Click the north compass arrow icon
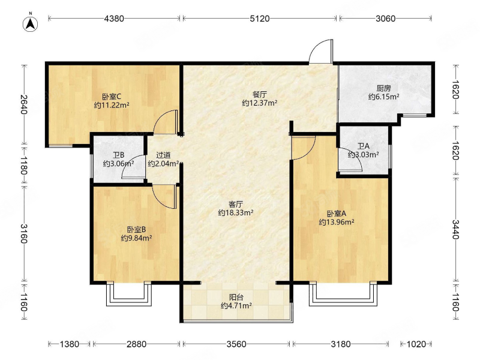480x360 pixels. pyautogui.click(x=31, y=23)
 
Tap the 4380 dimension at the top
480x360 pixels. pyautogui.click(x=114, y=19)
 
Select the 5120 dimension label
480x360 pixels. pyautogui.click(x=260, y=19)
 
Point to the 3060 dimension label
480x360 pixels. pyautogui.click(x=385, y=19)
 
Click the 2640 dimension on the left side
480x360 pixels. pyautogui.click(x=24, y=104)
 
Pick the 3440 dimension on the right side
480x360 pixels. pyautogui.click(x=455, y=229)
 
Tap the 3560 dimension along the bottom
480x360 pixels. pyautogui.click(x=236, y=344)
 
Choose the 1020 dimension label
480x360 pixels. pyautogui.click(x=416, y=344)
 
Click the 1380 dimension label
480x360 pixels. pyautogui.click(x=70, y=344)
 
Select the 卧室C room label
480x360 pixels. pyautogui.click(x=112, y=97)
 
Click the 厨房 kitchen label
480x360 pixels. pyautogui.click(x=383, y=88)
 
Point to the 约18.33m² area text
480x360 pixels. pyautogui.click(x=236, y=212)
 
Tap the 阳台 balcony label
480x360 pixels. pyautogui.click(x=236, y=297)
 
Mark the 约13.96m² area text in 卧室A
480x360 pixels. pyautogui.click(x=337, y=222)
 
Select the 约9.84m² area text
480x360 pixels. pyautogui.click(x=137, y=238)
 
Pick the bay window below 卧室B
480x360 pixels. pyautogui.click(x=129, y=294)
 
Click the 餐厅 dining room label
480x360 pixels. pyautogui.click(x=260, y=94)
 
